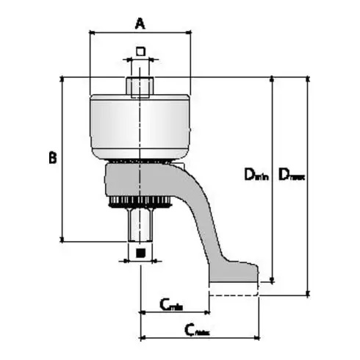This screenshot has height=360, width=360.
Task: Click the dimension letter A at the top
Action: [x=140, y=23]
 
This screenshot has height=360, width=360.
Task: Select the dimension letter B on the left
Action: [x=52, y=157]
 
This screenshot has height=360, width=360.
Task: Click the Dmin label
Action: [x=256, y=174]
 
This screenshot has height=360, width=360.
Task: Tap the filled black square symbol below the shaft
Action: [x=140, y=253]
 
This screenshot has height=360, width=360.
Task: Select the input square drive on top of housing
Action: [x=140, y=87]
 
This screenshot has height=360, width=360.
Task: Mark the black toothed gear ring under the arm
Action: [x=140, y=203]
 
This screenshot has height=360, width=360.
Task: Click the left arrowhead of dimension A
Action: [x=91, y=32]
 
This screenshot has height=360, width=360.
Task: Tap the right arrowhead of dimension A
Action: [x=189, y=32]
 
